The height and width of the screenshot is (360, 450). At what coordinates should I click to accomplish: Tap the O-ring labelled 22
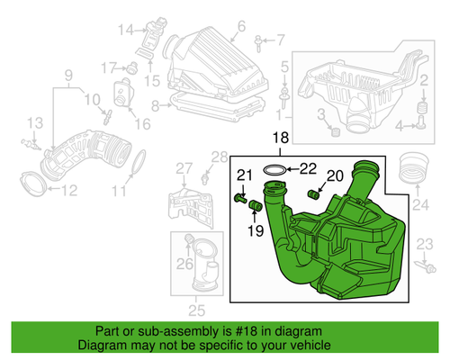[276, 168]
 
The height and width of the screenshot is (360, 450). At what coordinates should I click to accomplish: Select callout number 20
[334, 176]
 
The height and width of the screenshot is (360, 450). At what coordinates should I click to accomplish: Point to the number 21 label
[245, 175]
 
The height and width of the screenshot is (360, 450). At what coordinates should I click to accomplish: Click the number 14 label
[125, 30]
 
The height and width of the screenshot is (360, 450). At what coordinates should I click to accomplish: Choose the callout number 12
[69, 189]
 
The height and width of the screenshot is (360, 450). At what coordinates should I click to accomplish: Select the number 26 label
[184, 264]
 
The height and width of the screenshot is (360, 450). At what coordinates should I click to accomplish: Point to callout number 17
[110, 67]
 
